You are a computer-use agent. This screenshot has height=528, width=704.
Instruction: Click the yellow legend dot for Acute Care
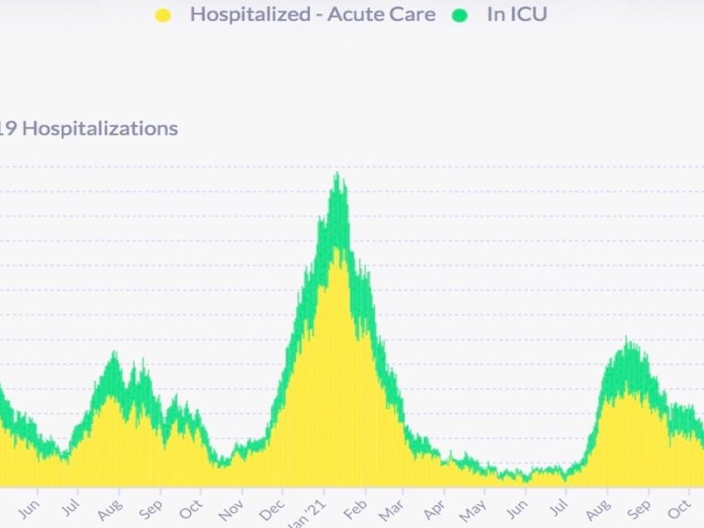point(163,15)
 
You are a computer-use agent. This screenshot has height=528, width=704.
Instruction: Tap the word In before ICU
point(495,15)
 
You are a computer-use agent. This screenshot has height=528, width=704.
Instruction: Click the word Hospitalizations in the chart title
point(99,128)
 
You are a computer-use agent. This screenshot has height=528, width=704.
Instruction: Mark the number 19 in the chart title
point(8,128)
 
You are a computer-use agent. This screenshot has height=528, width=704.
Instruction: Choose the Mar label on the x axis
point(391,510)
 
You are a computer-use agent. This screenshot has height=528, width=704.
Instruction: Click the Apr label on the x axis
point(433,510)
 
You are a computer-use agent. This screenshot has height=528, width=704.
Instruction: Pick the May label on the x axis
point(473,511)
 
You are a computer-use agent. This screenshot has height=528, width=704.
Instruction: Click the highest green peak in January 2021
point(337,174)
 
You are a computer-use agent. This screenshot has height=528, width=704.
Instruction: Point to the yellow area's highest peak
point(338,249)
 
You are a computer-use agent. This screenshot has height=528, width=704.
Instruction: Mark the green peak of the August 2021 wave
point(626,339)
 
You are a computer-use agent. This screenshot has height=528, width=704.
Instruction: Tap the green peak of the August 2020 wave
point(114,353)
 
